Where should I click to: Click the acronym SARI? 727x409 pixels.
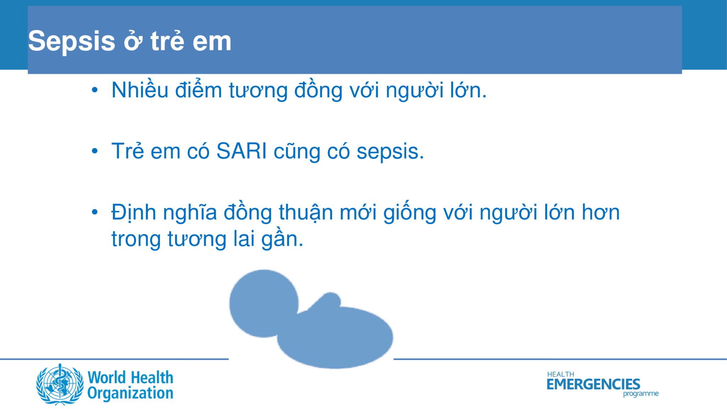tap(241, 151)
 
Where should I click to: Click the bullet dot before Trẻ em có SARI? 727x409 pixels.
tap(94, 151)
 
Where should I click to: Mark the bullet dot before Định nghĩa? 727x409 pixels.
tap(94, 212)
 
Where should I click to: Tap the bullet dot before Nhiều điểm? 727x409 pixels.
tap(94, 90)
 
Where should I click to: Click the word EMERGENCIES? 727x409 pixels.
tap(593, 384)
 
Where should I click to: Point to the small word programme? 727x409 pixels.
tap(641, 394)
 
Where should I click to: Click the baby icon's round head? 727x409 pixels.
tap(264, 303)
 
